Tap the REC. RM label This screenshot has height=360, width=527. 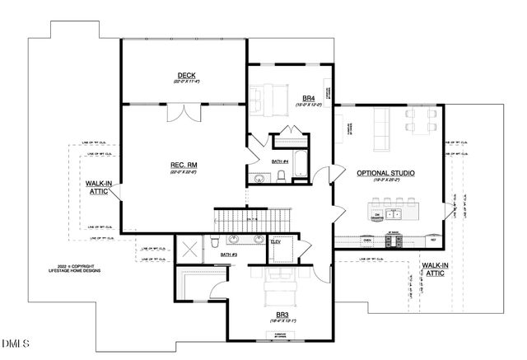[184, 166]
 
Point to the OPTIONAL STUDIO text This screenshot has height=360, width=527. [385, 173]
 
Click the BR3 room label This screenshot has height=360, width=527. [282, 314]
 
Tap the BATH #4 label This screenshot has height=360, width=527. [280, 161]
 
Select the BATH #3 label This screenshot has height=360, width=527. [229, 255]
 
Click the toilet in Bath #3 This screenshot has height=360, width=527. [213, 241]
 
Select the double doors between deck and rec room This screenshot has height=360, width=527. [184, 112]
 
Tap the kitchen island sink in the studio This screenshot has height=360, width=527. [394, 214]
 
